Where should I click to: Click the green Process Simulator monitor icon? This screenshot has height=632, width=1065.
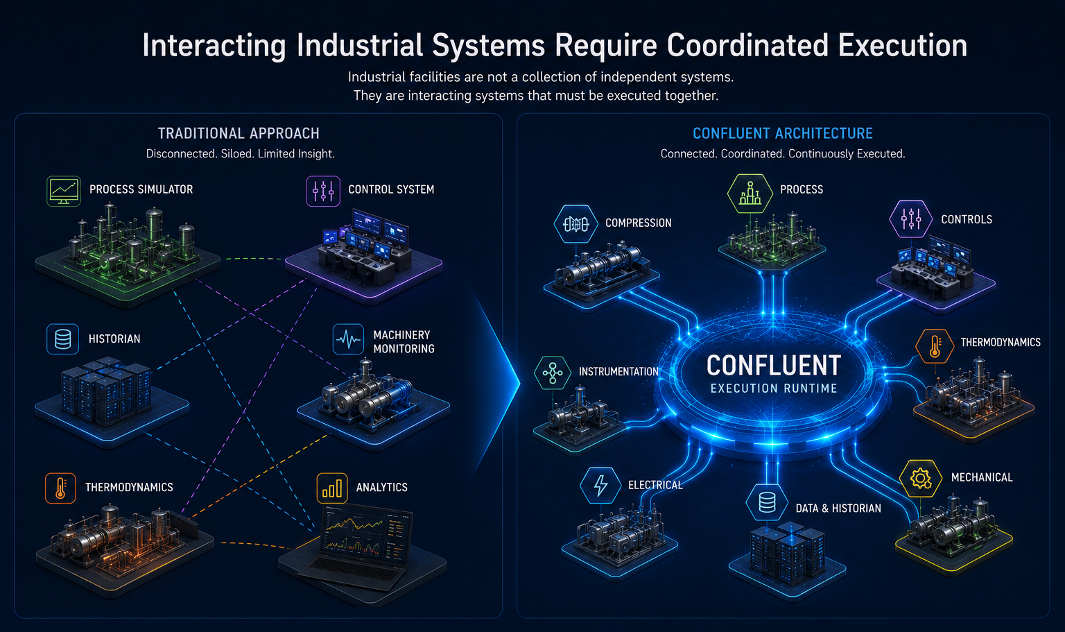64,191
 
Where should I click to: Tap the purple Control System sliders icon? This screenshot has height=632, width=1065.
323,191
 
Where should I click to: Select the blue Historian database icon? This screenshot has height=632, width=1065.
63,339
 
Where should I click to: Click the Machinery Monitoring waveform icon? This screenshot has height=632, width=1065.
349,339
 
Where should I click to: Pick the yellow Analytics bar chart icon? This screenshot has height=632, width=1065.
332,488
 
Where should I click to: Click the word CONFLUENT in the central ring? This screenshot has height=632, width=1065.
774,366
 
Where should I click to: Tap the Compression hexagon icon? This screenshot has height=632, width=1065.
575,224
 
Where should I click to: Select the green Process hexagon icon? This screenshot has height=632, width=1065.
750,193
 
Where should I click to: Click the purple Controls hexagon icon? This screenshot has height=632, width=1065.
910,219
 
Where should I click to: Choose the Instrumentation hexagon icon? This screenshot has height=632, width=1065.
553,373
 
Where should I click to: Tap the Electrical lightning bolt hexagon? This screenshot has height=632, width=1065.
600,486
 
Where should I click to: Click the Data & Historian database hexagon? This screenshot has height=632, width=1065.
767,502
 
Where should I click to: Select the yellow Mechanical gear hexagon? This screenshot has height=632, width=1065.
921,479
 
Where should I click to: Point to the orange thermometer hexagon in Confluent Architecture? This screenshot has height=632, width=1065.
935,346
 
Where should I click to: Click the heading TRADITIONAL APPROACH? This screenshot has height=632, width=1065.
239,134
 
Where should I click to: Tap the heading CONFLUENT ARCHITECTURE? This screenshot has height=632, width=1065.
783,134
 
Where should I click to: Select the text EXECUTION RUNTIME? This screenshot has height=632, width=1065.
774,388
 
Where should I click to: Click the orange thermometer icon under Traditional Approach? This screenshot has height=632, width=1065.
60,488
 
